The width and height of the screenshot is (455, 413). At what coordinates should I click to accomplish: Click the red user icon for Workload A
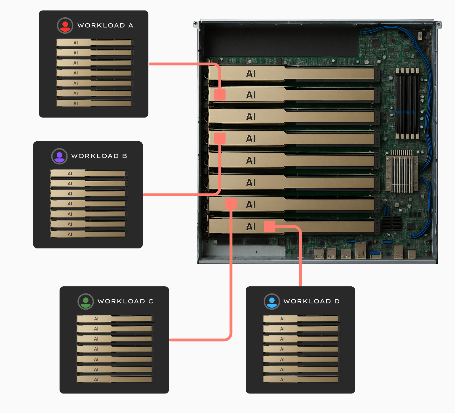[x=65, y=25]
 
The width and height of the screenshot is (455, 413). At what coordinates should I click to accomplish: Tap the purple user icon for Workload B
[x=59, y=156]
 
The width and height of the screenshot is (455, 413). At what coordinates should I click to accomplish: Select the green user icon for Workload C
[x=86, y=301]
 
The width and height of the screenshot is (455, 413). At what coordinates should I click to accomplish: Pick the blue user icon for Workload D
[x=272, y=301]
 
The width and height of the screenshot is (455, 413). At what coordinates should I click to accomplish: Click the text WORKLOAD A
[x=105, y=25]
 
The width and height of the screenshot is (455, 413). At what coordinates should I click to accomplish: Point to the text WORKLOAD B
[x=99, y=156]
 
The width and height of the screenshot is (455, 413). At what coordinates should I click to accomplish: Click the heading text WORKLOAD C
[x=125, y=301]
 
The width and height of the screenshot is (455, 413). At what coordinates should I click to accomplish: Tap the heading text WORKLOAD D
[x=311, y=301]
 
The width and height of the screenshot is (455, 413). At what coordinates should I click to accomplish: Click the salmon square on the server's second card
[x=220, y=95]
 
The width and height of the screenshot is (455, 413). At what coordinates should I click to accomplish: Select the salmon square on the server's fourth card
[x=220, y=138]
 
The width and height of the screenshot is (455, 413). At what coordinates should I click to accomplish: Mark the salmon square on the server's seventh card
[x=231, y=204]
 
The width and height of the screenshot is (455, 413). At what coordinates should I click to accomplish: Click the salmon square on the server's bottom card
[x=269, y=227]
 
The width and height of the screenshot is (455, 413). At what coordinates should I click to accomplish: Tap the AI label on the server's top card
[x=251, y=74]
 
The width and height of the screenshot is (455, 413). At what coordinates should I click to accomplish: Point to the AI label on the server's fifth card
[x=251, y=161]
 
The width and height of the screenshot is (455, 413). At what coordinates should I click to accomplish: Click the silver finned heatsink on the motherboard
[x=402, y=171]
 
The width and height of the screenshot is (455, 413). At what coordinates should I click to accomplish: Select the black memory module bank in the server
[x=407, y=103]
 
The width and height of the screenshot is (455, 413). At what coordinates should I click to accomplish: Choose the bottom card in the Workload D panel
[x=301, y=379]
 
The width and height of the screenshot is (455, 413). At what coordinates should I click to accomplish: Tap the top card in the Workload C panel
[x=115, y=319]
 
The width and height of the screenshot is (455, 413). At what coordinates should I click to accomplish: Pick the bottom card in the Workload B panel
[x=89, y=234]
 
